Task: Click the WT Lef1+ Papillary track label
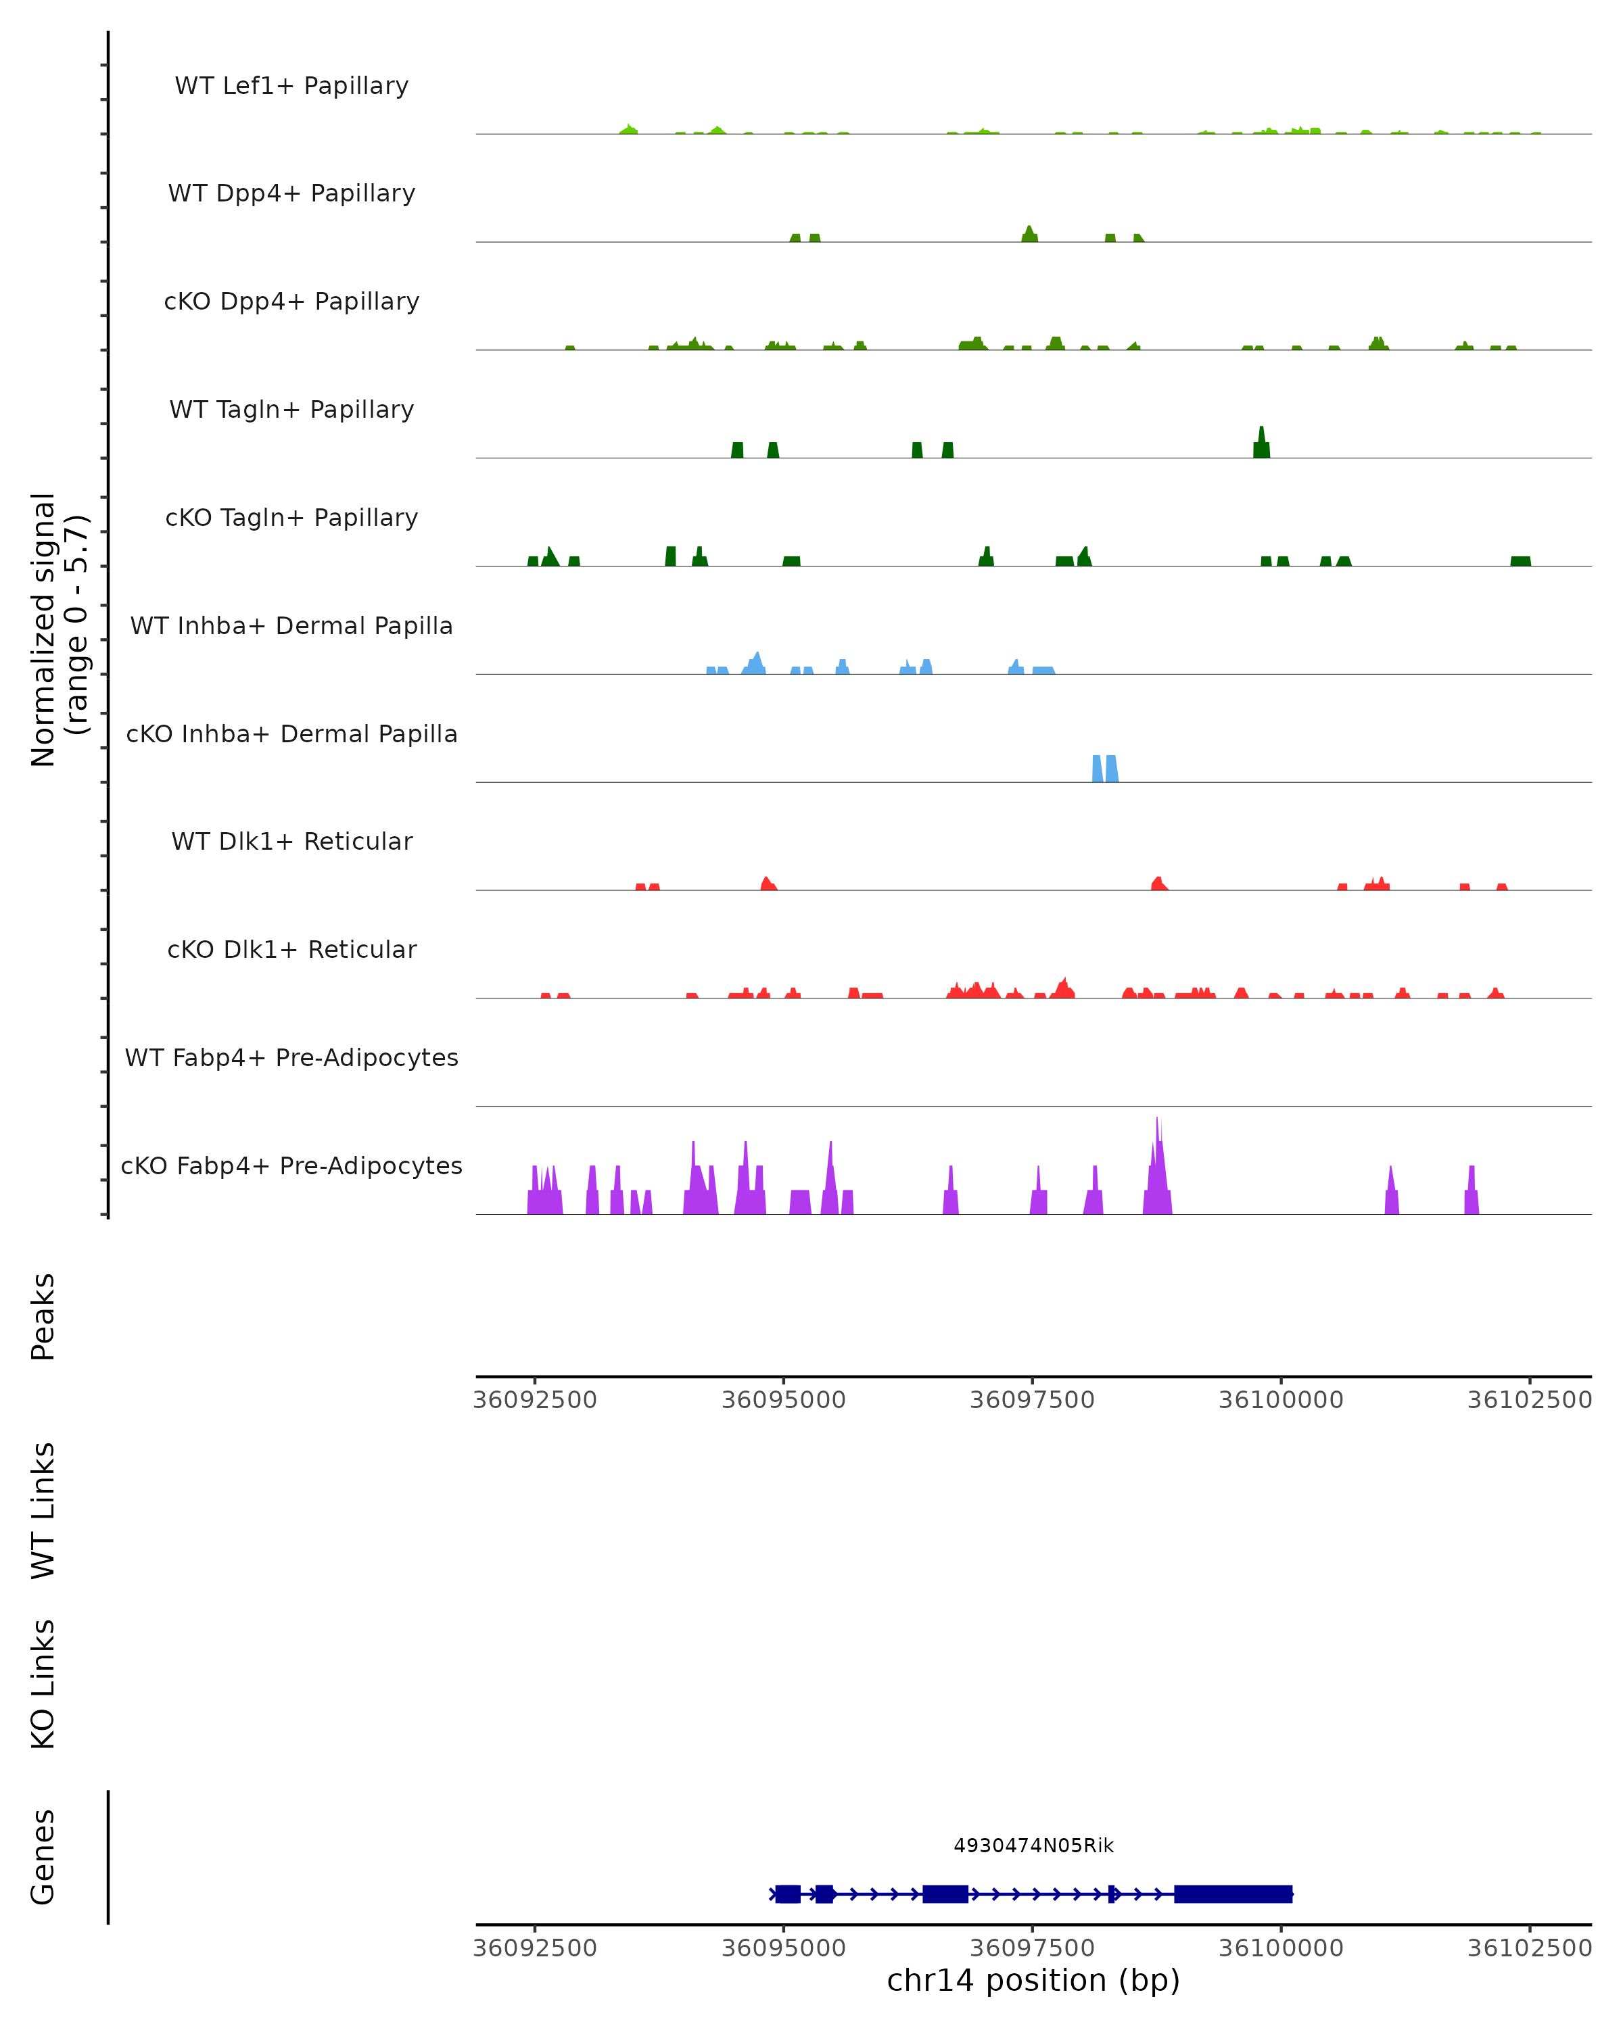coord(291,86)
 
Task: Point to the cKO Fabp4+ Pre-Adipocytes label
coord(291,1165)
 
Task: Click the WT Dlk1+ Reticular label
coord(291,841)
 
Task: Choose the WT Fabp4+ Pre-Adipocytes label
coord(291,1057)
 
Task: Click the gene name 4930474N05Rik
coord(1033,1845)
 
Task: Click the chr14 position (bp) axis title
coord(1033,1980)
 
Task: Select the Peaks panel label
coord(43,1316)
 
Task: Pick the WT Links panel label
coord(43,1510)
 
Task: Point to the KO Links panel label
coord(43,1684)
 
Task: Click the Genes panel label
coord(43,1857)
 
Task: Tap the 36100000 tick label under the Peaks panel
coord(1281,1400)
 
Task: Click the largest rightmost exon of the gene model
coord(1233,1893)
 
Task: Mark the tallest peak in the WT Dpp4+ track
coord(1029,234)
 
